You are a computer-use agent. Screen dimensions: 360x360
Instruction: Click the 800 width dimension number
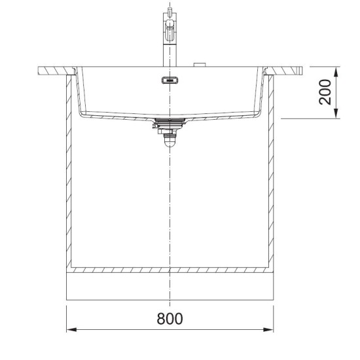click(170, 319)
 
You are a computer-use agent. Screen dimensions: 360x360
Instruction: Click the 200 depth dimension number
click(325, 92)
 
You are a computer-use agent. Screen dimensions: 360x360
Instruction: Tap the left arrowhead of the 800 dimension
click(71, 330)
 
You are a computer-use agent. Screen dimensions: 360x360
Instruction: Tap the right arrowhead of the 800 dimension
click(268, 330)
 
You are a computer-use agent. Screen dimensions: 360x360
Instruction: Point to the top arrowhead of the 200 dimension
click(336, 72)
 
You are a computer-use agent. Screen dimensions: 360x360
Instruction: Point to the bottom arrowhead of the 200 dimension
click(336, 114)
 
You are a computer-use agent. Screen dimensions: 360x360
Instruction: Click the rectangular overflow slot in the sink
click(170, 80)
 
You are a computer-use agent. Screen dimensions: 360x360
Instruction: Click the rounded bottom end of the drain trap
click(170, 143)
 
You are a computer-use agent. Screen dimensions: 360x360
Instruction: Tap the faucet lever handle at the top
click(170, 25)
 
